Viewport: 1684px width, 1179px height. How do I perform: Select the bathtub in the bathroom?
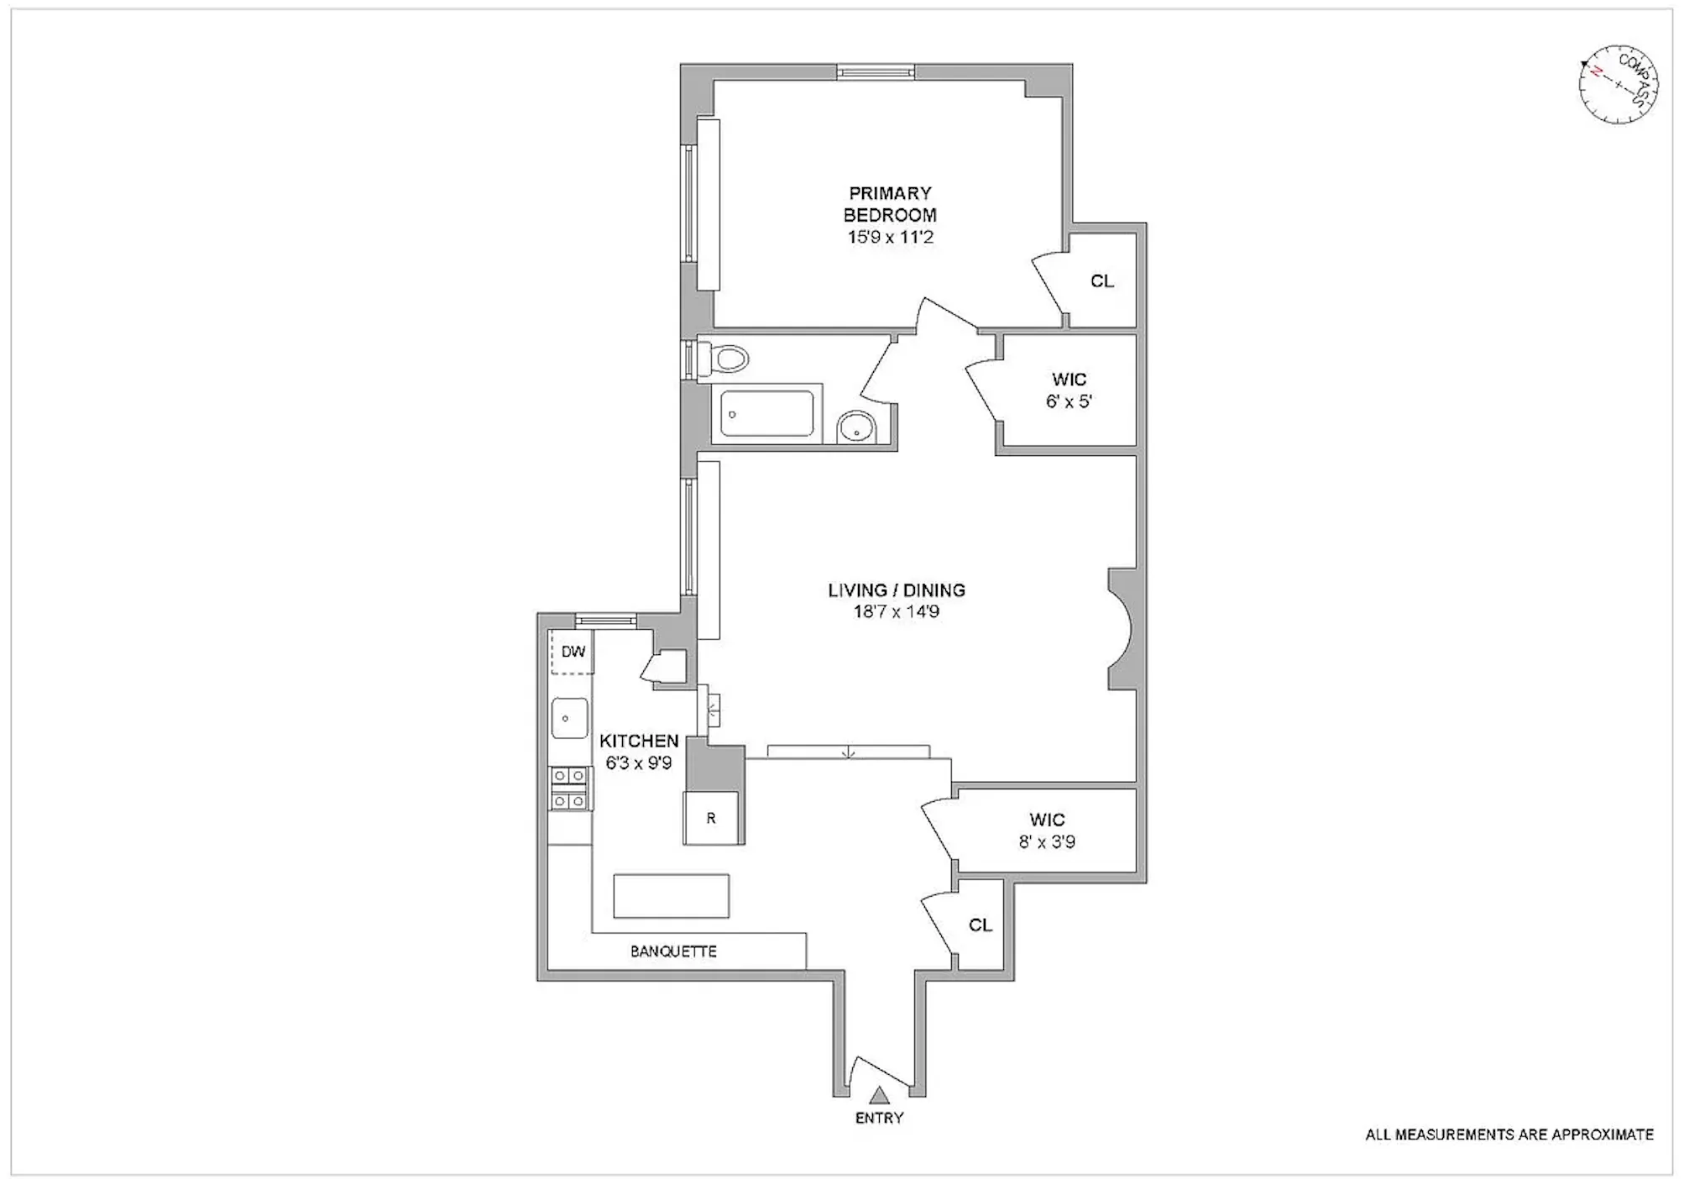pyautogui.click(x=766, y=411)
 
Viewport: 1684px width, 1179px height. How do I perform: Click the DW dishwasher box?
pyautogui.click(x=573, y=652)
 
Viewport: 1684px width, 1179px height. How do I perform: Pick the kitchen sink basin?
pyautogui.click(x=569, y=719)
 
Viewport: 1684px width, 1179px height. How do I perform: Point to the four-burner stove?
pyautogui.click(x=570, y=789)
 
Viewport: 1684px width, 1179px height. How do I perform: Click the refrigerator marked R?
pyautogui.click(x=711, y=817)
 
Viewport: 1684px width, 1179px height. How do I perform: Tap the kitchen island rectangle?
pyautogui.click(x=671, y=895)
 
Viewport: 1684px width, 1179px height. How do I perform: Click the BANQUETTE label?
pyautogui.click(x=673, y=951)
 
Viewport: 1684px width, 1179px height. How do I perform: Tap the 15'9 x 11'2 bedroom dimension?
pyautogui.click(x=890, y=237)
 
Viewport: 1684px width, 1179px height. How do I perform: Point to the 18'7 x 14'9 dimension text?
pyautogui.click(x=896, y=611)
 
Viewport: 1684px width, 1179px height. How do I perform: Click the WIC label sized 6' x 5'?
pyautogui.click(x=1068, y=380)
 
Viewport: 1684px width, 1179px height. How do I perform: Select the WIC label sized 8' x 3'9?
pyautogui.click(x=1046, y=820)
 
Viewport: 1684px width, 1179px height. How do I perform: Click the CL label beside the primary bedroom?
pyautogui.click(x=1101, y=281)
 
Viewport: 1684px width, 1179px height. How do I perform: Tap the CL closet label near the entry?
pyautogui.click(x=980, y=925)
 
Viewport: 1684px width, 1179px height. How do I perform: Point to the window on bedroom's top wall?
pyautogui.click(x=876, y=73)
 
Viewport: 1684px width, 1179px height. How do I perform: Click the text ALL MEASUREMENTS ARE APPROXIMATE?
pyautogui.click(x=1509, y=1134)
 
